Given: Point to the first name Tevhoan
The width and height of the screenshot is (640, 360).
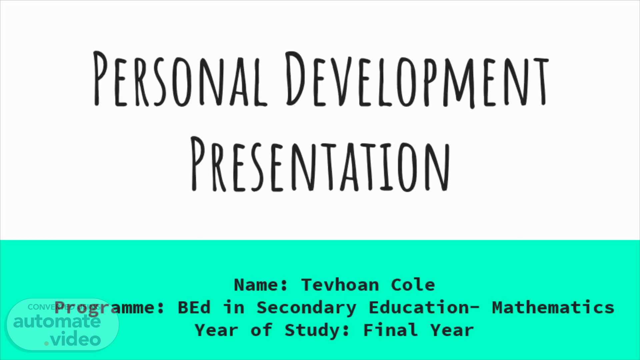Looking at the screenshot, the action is [x=340, y=285].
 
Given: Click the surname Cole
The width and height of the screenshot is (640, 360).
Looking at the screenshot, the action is [x=413, y=285].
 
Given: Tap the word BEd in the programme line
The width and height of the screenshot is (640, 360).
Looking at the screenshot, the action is [x=194, y=307].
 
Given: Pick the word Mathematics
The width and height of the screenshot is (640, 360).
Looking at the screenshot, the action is [x=553, y=307].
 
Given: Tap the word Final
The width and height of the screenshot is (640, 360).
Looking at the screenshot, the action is [x=390, y=330].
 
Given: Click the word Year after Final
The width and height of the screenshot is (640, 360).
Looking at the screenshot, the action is [x=452, y=330].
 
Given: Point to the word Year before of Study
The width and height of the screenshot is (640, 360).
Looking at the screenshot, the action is [x=217, y=330].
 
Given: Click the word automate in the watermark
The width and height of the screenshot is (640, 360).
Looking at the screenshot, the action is [x=57, y=322].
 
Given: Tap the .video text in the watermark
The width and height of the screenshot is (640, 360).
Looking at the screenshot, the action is [x=73, y=339].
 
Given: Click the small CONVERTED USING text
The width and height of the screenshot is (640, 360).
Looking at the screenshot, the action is [x=64, y=307].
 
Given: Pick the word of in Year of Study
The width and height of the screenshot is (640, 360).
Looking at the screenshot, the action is [x=261, y=330].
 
